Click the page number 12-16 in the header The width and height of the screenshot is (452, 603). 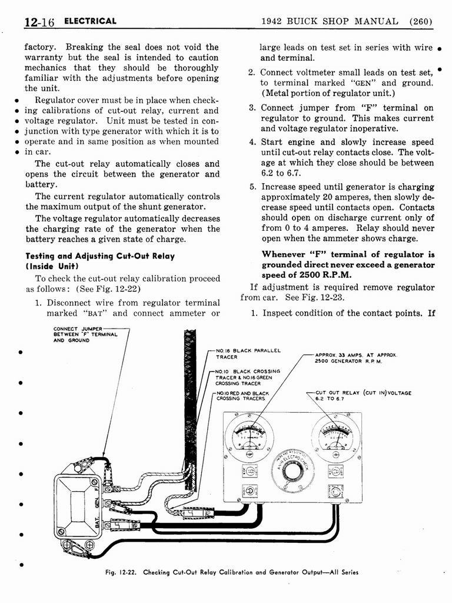[x=39, y=22]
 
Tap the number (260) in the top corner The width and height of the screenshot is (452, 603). [x=421, y=22]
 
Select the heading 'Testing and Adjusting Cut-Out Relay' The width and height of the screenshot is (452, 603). [x=99, y=256]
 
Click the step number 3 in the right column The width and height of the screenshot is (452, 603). [x=251, y=108]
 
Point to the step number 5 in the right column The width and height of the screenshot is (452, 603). [x=251, y=187]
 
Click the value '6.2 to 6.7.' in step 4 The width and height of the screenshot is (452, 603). [x=281, y=173]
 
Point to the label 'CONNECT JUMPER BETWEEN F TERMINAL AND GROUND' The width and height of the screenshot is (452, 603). [x=85, y=334]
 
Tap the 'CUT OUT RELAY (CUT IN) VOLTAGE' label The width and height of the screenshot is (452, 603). [x=363, y=396]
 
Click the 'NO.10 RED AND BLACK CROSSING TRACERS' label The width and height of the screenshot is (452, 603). [x=242, y=396]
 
